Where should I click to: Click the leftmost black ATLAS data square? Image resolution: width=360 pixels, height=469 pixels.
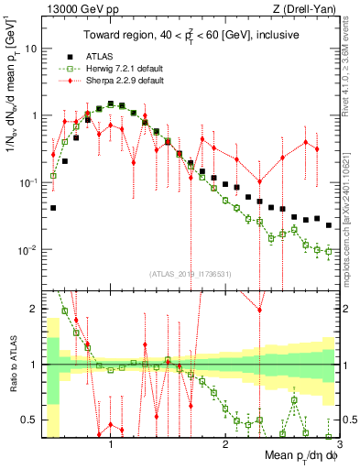(x=53, y=208)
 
